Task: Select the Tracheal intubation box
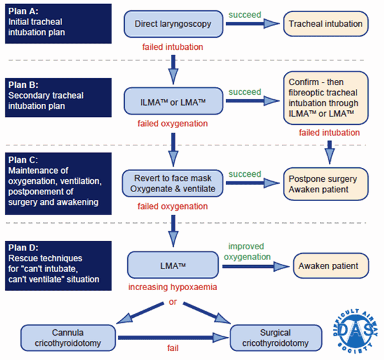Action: coord(325,24)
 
